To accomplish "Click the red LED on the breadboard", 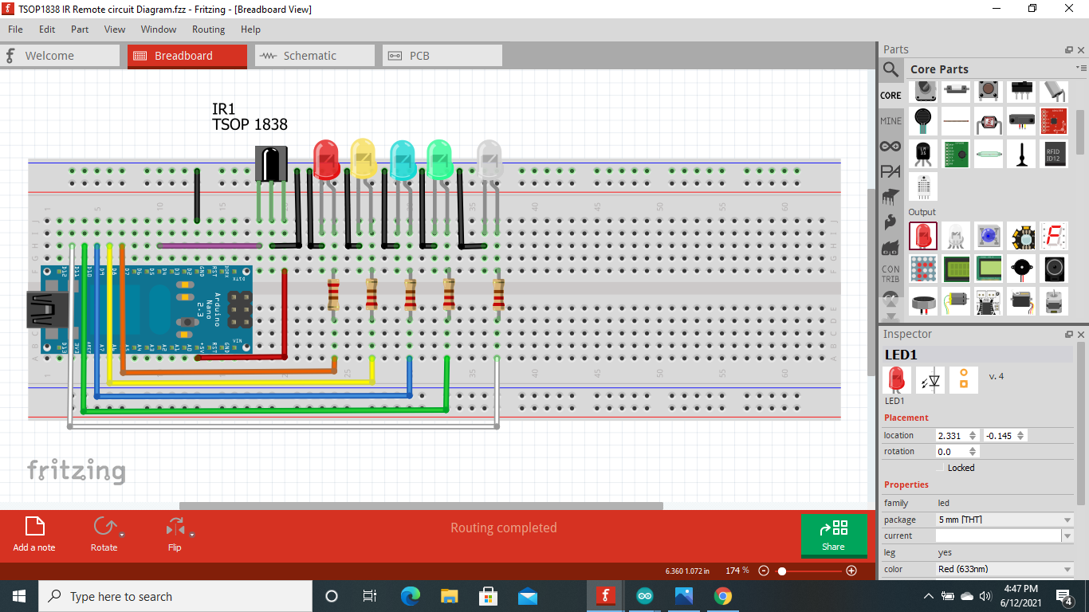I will pyautogui.click(x=326, y=159).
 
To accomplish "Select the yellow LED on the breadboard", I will pyautogui.click(x=363, y=158).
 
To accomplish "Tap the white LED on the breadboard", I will pyautogui.click(x=489, y=159).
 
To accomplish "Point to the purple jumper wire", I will pyautogui.click(x=210, y=245).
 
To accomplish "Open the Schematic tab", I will pyautogui.click(x=314, y=56).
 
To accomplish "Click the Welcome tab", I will pyautogui.click(x=60, y=56).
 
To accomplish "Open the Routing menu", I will pyautogui.click(x=208, y=29).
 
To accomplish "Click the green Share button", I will pyautogui.click(x=833, y=535).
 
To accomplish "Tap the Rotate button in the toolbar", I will pyautogui.click(x=104, y=534).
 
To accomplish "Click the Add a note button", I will pyautogui.click(x=34, y=534).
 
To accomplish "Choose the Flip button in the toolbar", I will pyautogui.click(x=175, y=534).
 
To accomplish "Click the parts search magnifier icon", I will pyautogui.click(x=890, y=70).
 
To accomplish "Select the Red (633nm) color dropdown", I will pyautogui.click(x=1004, y=569).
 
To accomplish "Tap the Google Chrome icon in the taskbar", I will pyautogui.click(x=722, y=596).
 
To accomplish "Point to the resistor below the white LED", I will pyautogui.click(x=498, y=294).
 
